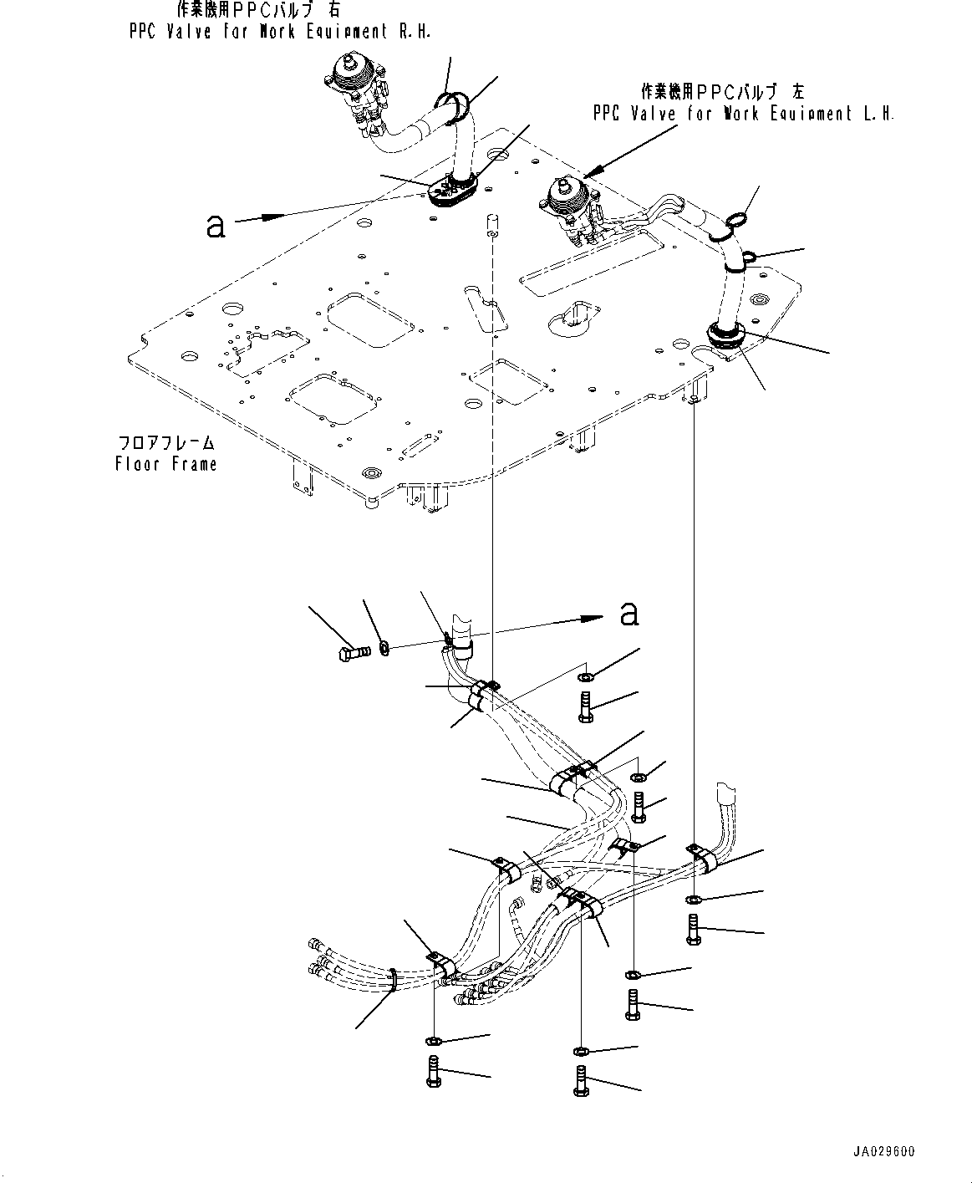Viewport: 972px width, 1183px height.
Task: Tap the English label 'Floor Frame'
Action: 166,464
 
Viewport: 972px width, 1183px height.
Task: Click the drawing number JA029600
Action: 883,1152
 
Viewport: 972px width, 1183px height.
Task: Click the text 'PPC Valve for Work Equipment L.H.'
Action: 743,114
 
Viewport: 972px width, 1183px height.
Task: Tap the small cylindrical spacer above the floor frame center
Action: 492,222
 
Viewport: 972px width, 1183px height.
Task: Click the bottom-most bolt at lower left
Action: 433,1070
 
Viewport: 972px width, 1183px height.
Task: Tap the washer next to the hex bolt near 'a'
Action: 383,647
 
